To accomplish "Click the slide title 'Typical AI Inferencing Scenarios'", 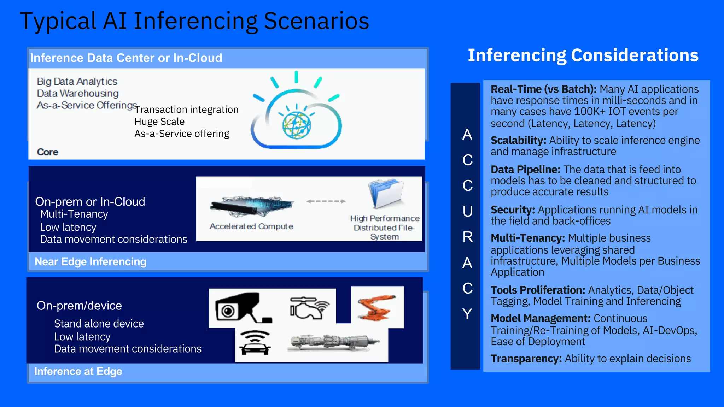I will point(194,21).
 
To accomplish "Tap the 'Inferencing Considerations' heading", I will point(583,55).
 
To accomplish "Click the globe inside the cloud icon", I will point(296,125).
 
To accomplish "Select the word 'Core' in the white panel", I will point(47,152).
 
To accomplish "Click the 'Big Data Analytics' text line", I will point(77,82).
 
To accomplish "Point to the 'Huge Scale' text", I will point(159,122).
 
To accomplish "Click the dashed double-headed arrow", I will point(326,201).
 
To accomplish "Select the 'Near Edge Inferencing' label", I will point(90,262).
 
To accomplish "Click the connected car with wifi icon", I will point(255,342).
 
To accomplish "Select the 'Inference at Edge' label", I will point(78,372).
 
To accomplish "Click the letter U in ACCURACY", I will point(467,211).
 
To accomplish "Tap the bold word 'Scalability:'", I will point(518,141).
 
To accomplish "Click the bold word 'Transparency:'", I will point(526,359).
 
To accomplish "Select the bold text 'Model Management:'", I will point(541,319).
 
